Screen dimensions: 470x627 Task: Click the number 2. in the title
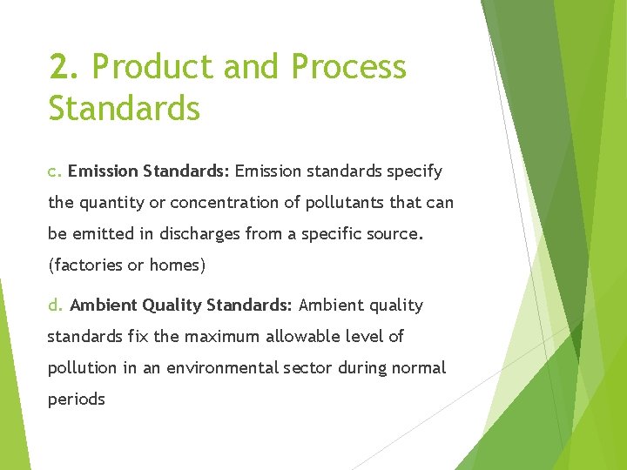pos(65,67)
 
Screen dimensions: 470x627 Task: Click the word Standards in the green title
pos(125,110)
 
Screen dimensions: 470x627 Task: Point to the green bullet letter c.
pos(54,171)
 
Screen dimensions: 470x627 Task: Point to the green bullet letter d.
pos(55,305)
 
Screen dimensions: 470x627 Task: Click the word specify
pos(414,171)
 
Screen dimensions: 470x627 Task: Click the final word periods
pos(77,399)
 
